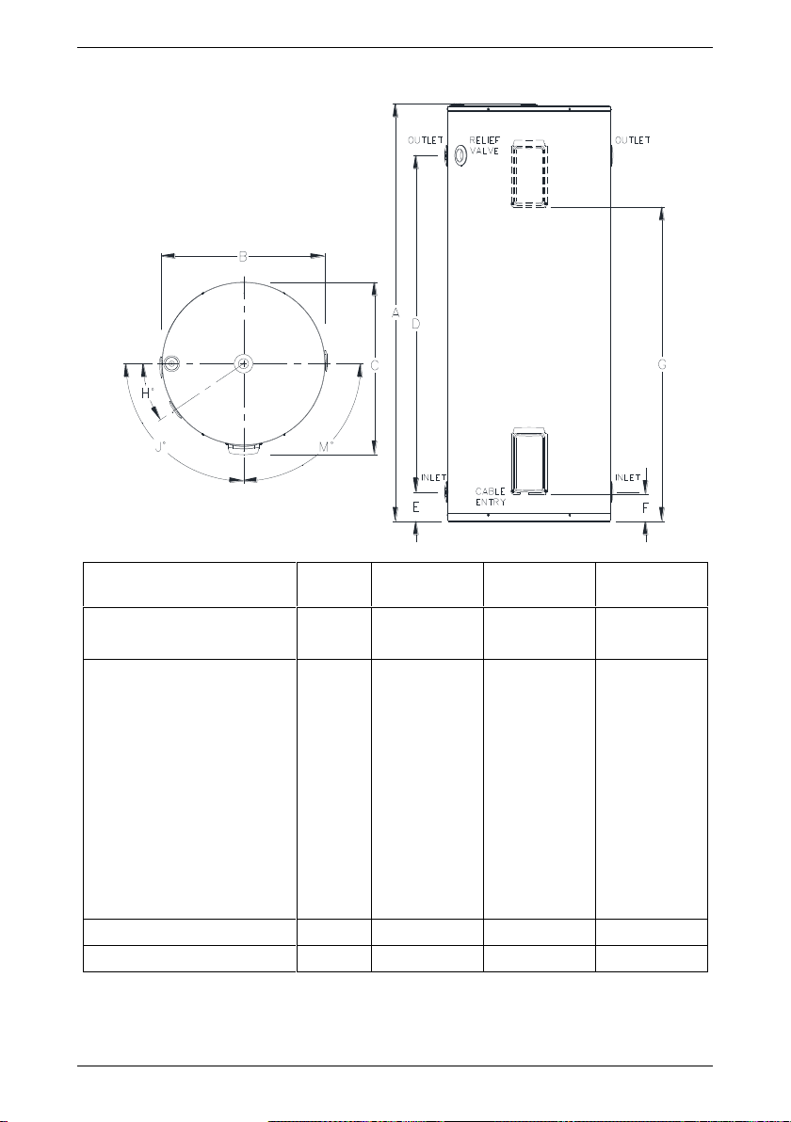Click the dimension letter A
(x=395, y=313)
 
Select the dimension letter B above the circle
(x=243, y=256)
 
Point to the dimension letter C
(x=374, y=365)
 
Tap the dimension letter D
(x=416, y=324)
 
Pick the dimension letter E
(x=416, y=508)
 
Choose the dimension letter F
(x=645, y=508)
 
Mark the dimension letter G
(x=662, y=365)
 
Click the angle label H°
(x=147, y=393)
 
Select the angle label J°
(x=160, y=447)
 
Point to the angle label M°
(x=326, y=447)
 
